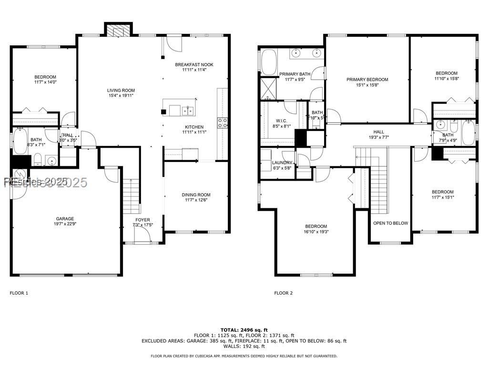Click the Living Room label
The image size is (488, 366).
(121, 90)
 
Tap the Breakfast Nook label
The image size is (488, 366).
(194, 64)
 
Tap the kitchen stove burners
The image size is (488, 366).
(222, 123)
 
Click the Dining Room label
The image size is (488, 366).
(196, 194)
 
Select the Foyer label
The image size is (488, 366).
(142, 220)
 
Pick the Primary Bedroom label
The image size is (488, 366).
(367, 80)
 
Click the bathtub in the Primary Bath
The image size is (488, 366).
(267, 63)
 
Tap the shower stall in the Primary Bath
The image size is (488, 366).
(268, 89)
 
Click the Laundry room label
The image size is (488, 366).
(282, 163)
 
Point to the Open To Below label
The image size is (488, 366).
(390, 223)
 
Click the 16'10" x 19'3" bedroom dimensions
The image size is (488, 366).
(316, 232)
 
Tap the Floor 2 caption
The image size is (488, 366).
(284, 293)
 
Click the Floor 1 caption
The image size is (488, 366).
(19, 293)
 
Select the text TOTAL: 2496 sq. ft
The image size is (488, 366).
(244, 330)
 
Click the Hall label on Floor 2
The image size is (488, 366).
(378, 132)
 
